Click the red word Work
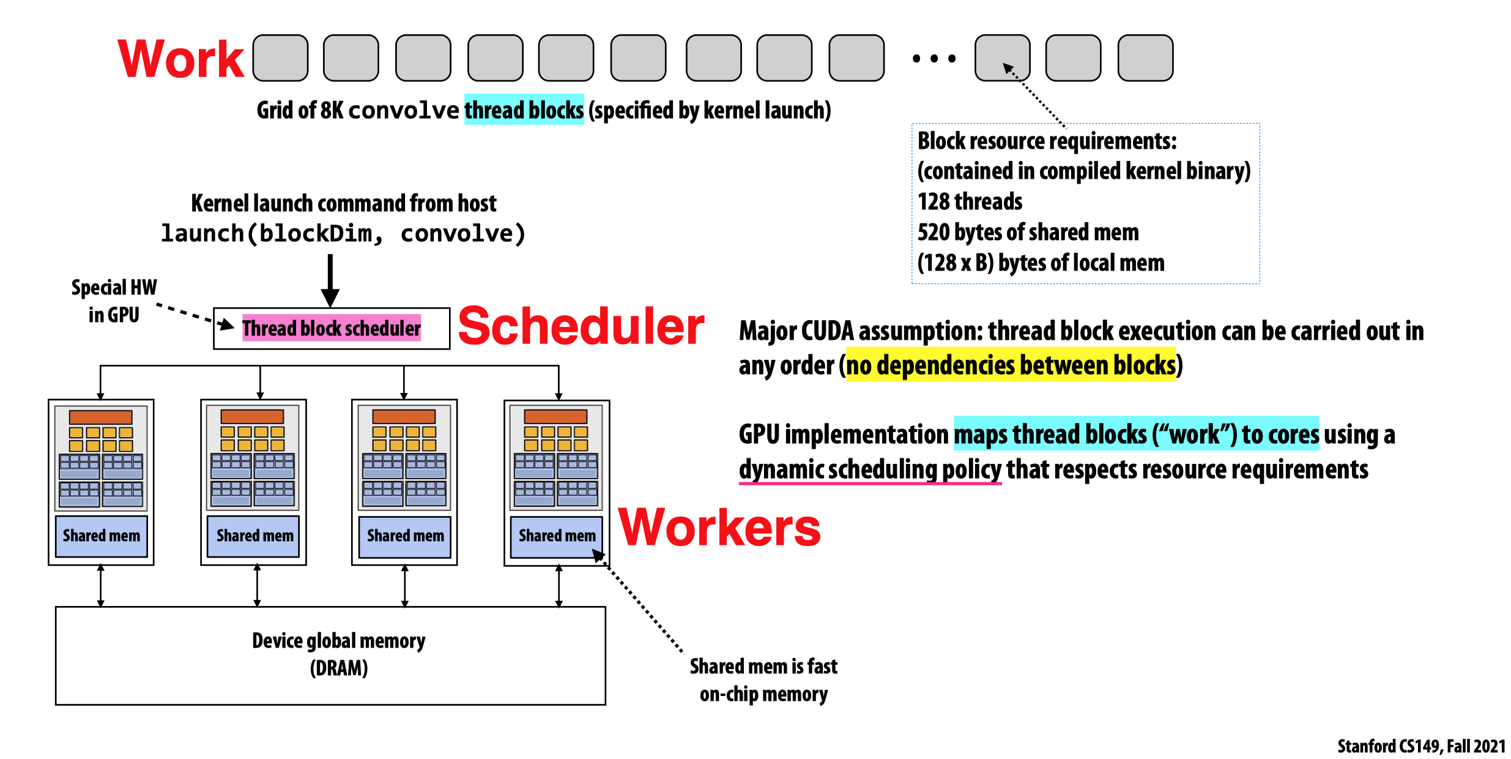pos(181,59)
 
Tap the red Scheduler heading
pos(581,326)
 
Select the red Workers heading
pos(719,528)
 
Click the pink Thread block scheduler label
pos(331,329)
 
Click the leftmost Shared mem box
pos(102,536)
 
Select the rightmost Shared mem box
pos(557,536)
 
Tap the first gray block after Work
pos(280,58)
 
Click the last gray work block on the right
pos(1145,58)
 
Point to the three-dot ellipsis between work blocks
pos(934,59)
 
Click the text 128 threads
pos(970,201)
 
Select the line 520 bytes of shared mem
pos(1028,232)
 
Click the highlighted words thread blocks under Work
pos(524,110)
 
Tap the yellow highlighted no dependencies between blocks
pos(1011,365)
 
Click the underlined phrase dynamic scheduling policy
pos(870,470)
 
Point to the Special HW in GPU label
pos(114,301)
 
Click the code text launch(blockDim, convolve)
pos(343,233)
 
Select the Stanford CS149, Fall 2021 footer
pos(1421,746)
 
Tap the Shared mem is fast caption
pos(763,667)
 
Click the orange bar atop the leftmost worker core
pos(101,417)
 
